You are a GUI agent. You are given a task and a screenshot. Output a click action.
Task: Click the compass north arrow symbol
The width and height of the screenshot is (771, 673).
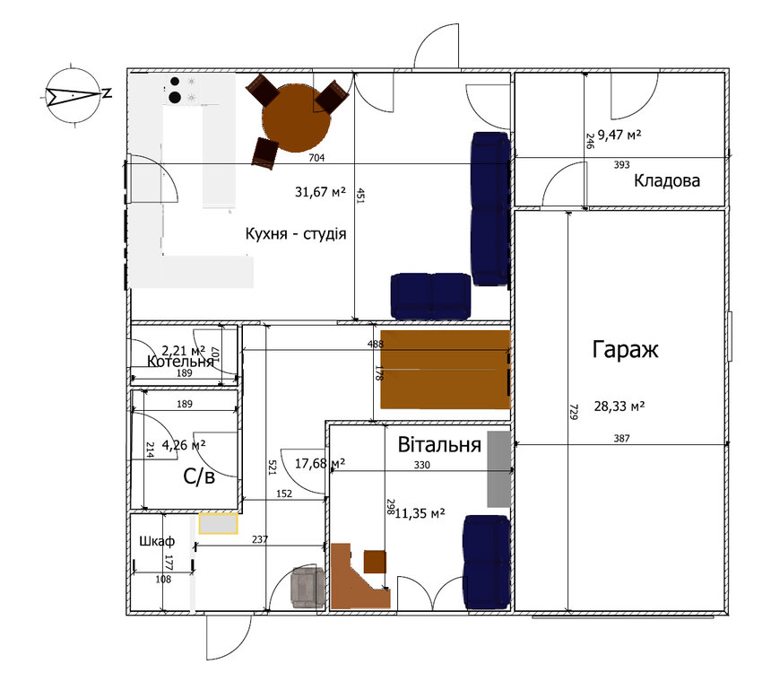74,93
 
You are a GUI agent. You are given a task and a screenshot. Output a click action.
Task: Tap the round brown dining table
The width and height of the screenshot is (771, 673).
296,118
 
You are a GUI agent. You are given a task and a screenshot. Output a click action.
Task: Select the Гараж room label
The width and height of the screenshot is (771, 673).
625,350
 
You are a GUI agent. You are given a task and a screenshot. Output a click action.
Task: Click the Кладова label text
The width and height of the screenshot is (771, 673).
667,180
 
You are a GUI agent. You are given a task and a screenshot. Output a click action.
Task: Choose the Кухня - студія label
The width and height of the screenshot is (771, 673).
295,233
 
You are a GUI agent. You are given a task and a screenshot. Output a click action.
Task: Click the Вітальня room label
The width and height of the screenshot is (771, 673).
440,444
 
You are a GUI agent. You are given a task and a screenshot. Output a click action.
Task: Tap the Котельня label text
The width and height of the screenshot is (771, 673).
181,362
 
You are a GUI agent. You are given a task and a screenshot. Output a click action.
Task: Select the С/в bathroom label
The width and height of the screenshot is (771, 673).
199,477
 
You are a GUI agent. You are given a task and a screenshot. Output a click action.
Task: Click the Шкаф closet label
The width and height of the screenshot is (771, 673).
155,542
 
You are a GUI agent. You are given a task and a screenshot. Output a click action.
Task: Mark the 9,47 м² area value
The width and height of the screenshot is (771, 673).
625,135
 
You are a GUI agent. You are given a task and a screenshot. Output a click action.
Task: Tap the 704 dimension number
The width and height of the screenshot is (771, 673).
316,159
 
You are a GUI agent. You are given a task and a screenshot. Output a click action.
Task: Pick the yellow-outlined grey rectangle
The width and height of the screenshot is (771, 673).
218,523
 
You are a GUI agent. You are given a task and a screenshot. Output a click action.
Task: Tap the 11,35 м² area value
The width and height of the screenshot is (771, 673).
420,513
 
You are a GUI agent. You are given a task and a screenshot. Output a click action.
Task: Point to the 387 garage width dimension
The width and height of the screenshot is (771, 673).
622,439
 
